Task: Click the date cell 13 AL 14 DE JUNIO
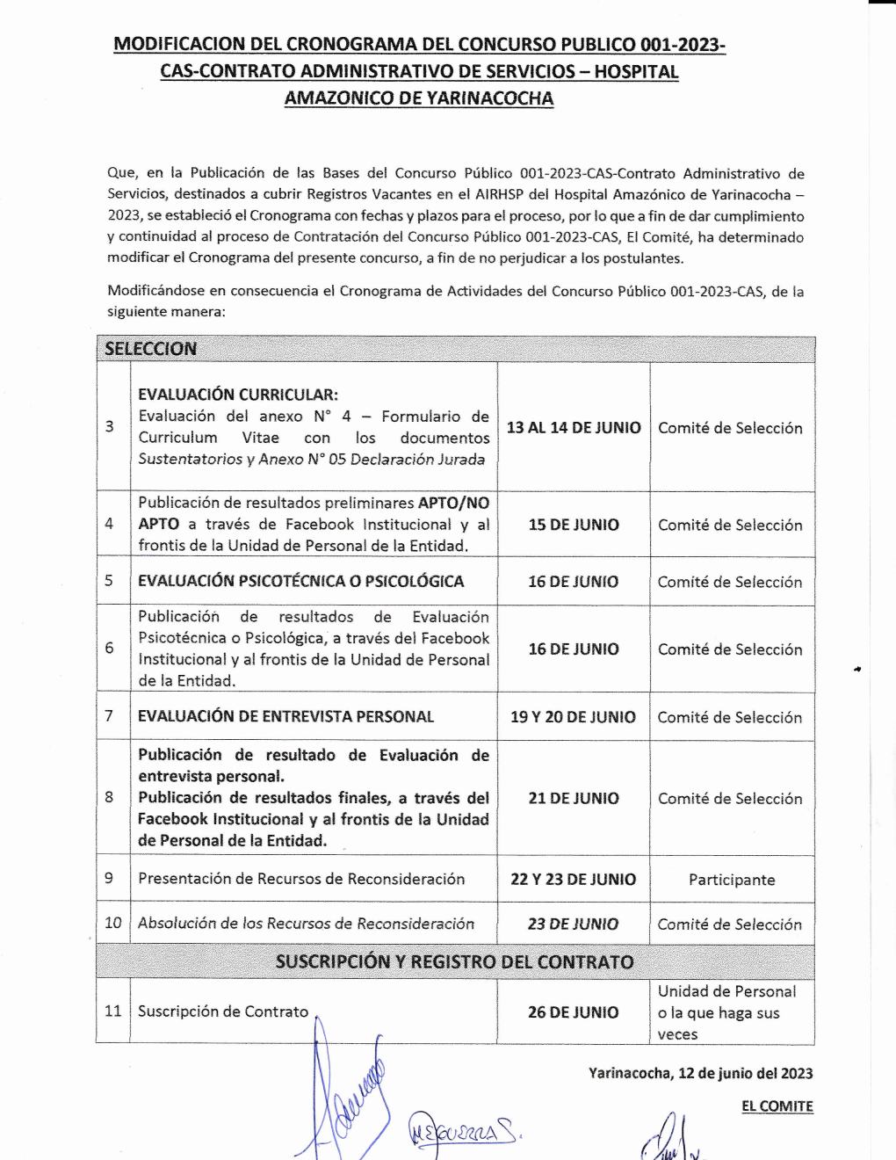coord(574,428)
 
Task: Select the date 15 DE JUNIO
coord(574,525)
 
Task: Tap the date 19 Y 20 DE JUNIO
coord(573,717)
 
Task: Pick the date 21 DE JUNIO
coord(574,798)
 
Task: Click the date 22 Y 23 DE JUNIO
coord(573,879)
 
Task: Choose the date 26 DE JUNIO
coord(573,1012)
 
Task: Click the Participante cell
coord(732,880)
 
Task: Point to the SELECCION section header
coord(151,349)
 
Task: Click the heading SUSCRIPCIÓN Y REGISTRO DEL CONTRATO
coord(454,961)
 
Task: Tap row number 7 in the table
coord(110,716)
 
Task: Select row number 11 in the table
coord(113,1011)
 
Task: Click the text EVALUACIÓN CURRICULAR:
coord(237,395)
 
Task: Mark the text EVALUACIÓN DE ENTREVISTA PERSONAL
coord(285,717)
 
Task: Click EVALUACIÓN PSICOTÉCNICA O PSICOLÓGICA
coord(300,581)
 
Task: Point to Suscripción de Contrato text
coord(223,1011)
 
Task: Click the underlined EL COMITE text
coord(777,1106)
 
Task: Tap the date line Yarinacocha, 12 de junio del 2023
coord(700,1073)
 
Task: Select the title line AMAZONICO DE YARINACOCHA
coord(419,98)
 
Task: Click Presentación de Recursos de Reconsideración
coord(301,879)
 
